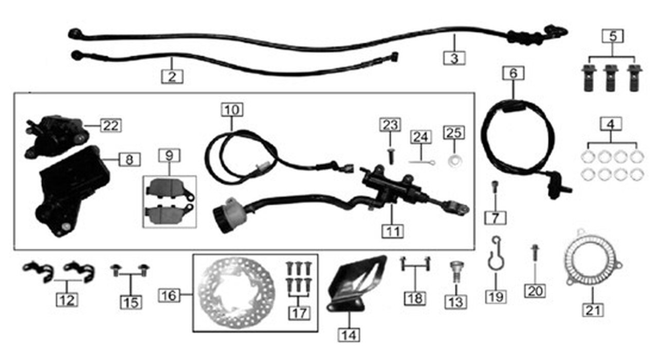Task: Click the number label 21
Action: (593, 310)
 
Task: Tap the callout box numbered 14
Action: (349, 335)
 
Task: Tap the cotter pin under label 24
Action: (423, 162)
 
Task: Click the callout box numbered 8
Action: (129, 159)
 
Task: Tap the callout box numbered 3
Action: (454, 58)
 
